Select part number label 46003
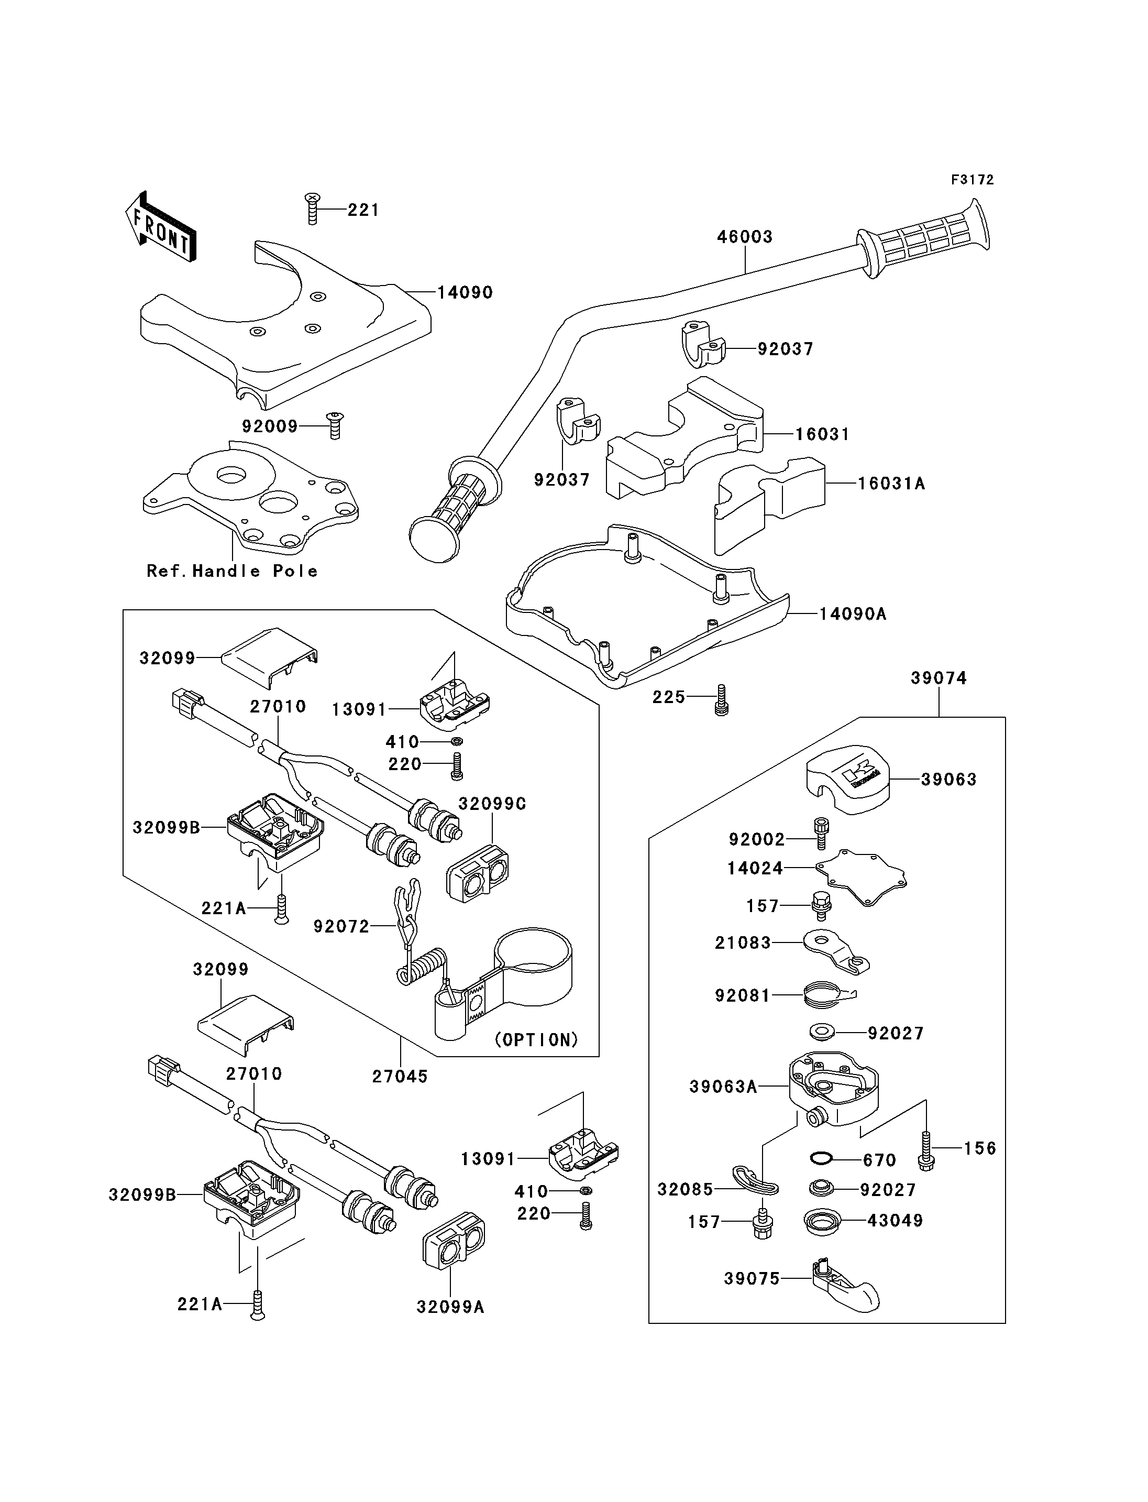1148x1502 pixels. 744,237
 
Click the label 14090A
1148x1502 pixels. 852,614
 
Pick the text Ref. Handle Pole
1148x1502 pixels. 233,571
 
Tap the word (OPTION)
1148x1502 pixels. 536,1040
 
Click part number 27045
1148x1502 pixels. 400,1076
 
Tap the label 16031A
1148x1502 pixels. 891,484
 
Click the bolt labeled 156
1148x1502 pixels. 926,1149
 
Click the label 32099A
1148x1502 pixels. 450,1307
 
